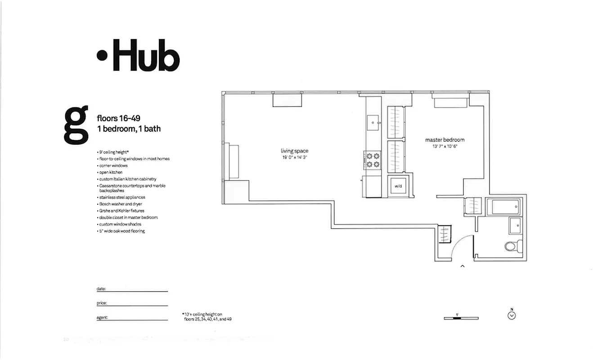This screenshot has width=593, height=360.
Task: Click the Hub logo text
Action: click(139, 55)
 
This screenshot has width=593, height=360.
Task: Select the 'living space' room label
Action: click(295, 151)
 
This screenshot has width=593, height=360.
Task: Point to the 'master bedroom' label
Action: click(445, 140)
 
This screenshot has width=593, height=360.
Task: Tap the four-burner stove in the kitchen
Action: click(373, 160)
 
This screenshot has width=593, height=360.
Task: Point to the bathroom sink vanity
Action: click(515, 225)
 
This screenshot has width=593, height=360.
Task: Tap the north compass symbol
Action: click(512, 315)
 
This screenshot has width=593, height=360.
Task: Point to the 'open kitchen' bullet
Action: click(111, 172)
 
